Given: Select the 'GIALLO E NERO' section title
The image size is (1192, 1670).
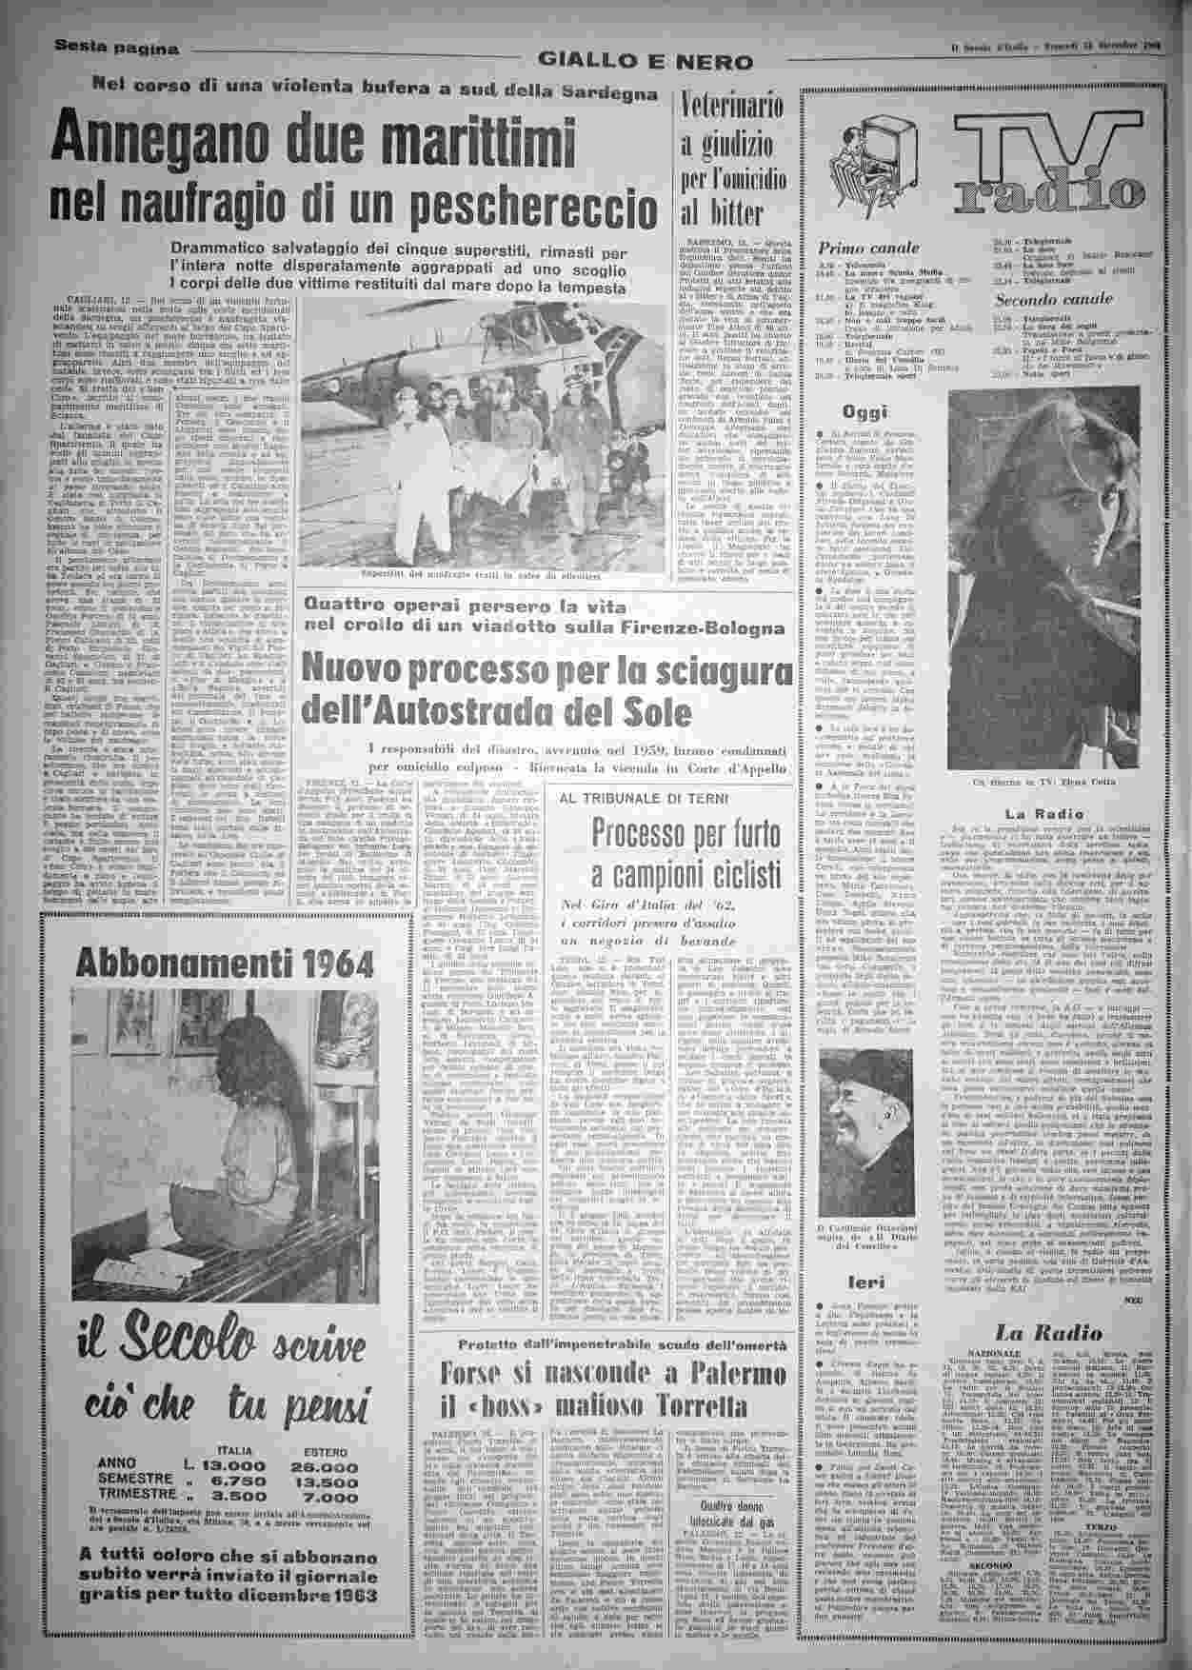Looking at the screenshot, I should tap(645, 61).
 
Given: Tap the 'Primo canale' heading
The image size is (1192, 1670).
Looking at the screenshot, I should tap(856, 249).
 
